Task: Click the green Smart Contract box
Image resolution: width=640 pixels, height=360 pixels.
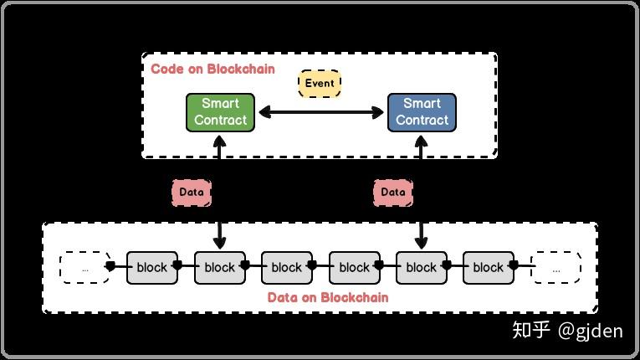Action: (x=220, y=112)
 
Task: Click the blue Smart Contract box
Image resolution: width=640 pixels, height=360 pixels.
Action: (x=422, y=112)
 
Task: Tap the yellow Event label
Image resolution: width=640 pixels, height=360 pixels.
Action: (x=320, y=83)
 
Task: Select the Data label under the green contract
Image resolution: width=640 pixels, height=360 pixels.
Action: (x=192, y=192)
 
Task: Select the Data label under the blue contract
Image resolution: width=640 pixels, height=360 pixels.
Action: (x=392, y=192)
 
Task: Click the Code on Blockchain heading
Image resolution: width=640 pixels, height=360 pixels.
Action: (x=212, y=69)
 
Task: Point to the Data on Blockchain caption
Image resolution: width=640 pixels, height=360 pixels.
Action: (x=328, y=297)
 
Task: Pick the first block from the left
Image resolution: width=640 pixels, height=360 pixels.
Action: (x=152, y=267)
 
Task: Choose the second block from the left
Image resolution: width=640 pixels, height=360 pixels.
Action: (x=219, y=267)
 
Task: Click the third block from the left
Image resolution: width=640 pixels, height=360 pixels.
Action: (x=286, y=267)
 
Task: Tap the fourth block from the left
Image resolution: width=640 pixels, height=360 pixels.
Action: (x=354, y=267)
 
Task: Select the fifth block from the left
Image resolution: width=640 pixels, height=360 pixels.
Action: (x=421, y=267)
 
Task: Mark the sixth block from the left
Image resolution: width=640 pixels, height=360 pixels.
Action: (x=488, y=267)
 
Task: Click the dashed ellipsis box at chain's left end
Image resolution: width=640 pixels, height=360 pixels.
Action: (x=84, y=267)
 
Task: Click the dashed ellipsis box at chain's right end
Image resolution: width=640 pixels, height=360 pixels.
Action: (x=556, y=267)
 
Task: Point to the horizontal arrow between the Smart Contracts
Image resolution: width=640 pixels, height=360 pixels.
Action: (x=320, y=111)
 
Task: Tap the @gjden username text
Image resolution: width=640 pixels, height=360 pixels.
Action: (x=591, y=331)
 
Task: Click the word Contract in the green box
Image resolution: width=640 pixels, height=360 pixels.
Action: (x=220, y=120)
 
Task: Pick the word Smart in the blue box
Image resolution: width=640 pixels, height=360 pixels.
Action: (x=422, y=104)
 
